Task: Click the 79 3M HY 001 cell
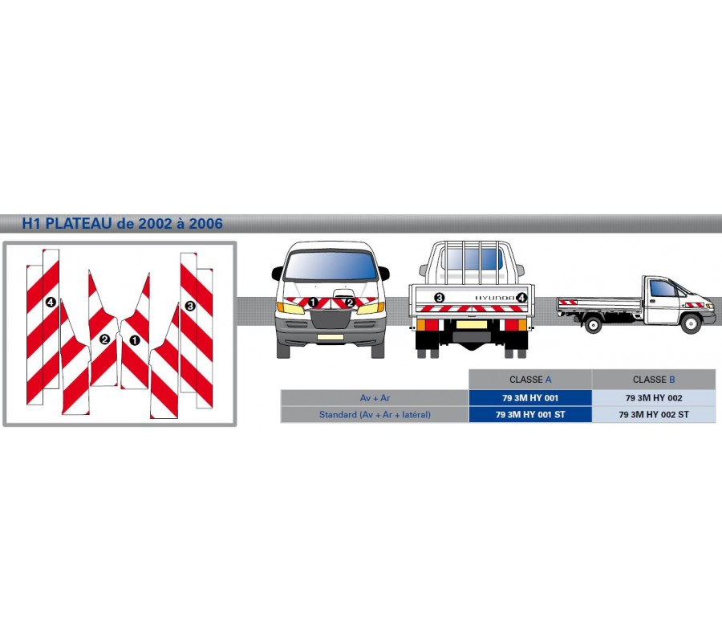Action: pyautogui.click(x=530, y=397)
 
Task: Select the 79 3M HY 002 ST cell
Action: pyautogui.click(x=654, y=415)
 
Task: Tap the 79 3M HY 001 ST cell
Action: pyautogui.click(x=530, y=415)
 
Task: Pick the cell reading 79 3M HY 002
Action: pyautogui.click(x=654, y=397)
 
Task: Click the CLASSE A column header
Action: pyautogui.click(x=530, y=380)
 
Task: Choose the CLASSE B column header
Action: pyautogui.click(x=654, y=380)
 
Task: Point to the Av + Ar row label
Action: pyautogui.click(x=374, y=397)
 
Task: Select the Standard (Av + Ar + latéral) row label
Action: pyautogui.click(x=374, y=415)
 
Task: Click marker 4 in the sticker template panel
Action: pyautogui.click(x=51, y=303)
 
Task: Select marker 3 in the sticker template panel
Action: pyautogui.click(x=190, y=306)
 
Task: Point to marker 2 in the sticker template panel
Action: pyautogui.click(x=104, y=339)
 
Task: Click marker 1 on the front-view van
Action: pyautogui.click(x=313, y=303)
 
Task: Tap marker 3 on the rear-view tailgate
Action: pyautogui.click(x=439, y=298)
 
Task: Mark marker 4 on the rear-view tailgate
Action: pyautogui.click(x=521, y=298)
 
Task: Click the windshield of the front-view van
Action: pyautogui.click(x=331, y=266)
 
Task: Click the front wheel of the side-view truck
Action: pyautogui.click(x=690, y=323)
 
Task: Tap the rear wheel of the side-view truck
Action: pyautogui.click(x=593, y=323)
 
